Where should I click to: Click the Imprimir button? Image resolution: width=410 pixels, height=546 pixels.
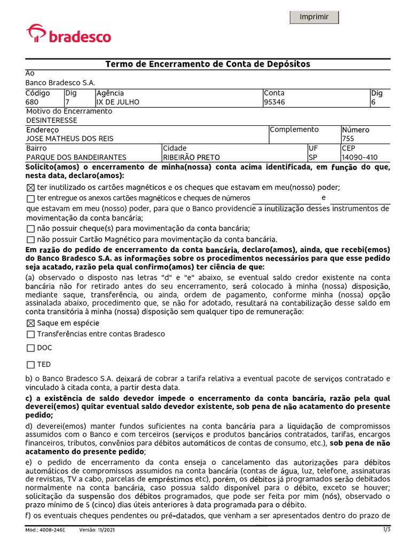click(x=314, y=17)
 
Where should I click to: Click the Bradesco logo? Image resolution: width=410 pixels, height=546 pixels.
click(x=69, y=34)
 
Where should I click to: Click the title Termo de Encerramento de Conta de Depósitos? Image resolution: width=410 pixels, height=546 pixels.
click(x=208, y=64)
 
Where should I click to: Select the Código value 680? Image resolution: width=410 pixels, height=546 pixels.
click(x=33, y=102)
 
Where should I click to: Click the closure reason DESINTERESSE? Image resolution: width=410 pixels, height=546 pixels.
click(x=52, y=120)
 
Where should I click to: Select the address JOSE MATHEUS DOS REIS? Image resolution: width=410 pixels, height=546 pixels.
click(x=70, y=139)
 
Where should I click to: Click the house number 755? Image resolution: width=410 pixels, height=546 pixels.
click(x=348, y=139)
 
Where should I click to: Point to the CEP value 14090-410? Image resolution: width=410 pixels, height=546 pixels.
click(x=360, y=157)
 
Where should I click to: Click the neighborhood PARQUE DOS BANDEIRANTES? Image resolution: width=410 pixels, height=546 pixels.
click(x=76, y=157)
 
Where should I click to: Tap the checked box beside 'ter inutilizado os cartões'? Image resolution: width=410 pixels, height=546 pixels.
click(x=30, y=187)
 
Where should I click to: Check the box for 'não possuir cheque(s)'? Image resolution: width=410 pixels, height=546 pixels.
click(x=30, y=228)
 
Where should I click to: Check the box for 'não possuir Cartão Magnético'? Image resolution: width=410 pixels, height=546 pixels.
click(x=30, y=239)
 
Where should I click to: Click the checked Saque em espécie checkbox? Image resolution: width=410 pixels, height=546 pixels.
click(x=30, y=323)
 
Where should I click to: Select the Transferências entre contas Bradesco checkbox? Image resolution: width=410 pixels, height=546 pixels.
click(x=30, y=334)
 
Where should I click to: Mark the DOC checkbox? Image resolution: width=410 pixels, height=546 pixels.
click(x=30, y=348)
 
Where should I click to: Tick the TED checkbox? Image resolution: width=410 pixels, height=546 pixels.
click(x=30, y=365)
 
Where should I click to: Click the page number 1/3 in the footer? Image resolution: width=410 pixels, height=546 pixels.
click(x=387, y=529)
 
